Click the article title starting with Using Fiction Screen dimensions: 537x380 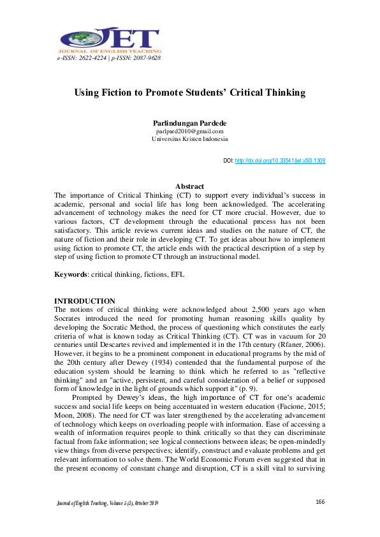pos(190,92)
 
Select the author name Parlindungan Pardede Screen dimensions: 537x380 pos(189,123)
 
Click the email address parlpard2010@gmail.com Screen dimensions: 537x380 pos(189,131)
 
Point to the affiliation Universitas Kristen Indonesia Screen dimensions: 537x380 pos(189,139)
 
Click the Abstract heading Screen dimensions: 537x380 pos(189,186)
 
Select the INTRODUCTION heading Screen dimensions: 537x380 pos(85,300)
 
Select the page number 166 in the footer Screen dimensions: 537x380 pos(320,502)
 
